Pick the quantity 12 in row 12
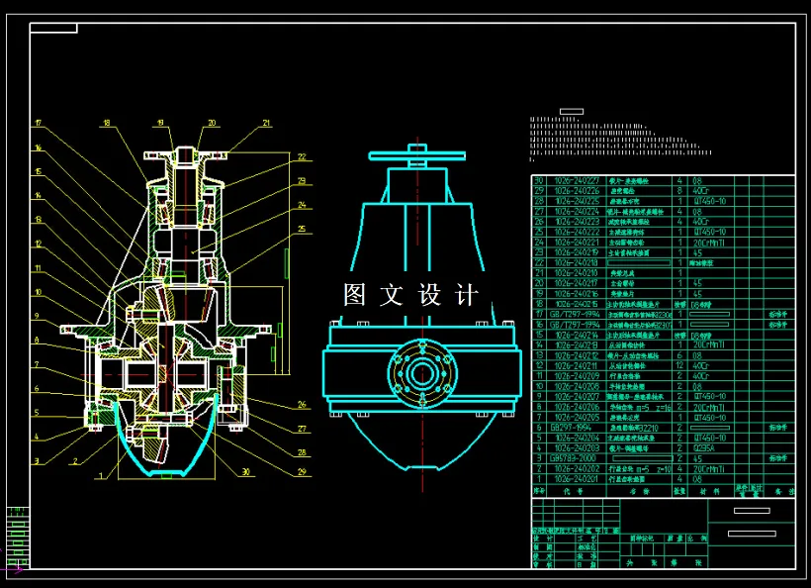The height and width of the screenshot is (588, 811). (x=678, y=365)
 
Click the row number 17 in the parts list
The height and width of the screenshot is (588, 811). (x=540, y=314)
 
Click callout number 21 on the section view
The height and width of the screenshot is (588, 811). (x=265, y=123)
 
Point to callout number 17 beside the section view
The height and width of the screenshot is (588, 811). (x=38, y=123)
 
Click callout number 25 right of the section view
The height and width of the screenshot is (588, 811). (x=301, y=229)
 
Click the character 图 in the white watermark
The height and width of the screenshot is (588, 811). (x=354, y=295)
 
